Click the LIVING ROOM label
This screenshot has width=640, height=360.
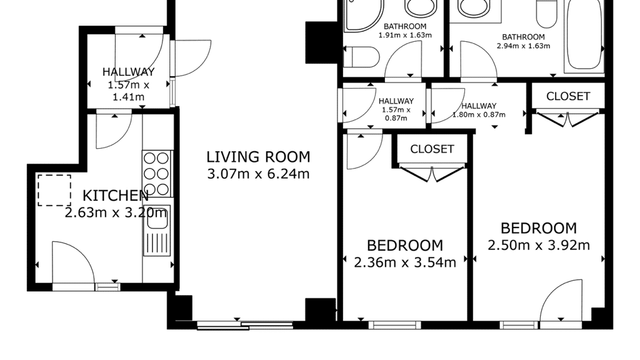tap(258, 157)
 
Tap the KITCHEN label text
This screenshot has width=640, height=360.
tap(116, 196)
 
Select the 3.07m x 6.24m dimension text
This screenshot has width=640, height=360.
tap(258, 174)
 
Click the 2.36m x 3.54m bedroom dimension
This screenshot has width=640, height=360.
tap(405, 262)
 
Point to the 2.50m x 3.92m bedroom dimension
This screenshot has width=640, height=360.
tap(539, 245)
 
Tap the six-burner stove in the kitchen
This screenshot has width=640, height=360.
tap(157, 174)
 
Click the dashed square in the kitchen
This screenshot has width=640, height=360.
tap(54, 190)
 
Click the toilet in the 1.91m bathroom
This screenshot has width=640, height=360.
tap(362, 57)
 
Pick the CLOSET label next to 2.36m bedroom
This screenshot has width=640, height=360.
tap(432, 149)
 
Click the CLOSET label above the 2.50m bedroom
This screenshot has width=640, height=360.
tap(568, 96)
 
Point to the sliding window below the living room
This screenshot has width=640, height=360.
tap(245, 325)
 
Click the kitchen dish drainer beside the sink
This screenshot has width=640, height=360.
tap(157, 243)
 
